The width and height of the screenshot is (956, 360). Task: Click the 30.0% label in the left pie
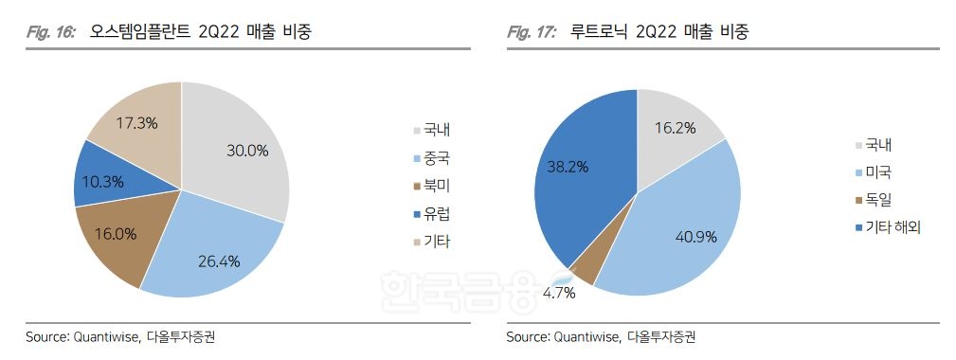(248, 150)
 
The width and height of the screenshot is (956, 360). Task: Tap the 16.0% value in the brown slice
(116, 233)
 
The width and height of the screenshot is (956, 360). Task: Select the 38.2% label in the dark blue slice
(568, 167)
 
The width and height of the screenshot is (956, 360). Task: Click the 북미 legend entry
(436, 185)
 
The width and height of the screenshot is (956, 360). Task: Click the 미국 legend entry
(877, 171)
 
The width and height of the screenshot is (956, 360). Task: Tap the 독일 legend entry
(877, 199)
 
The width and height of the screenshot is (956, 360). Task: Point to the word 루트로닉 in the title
(602, 32)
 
